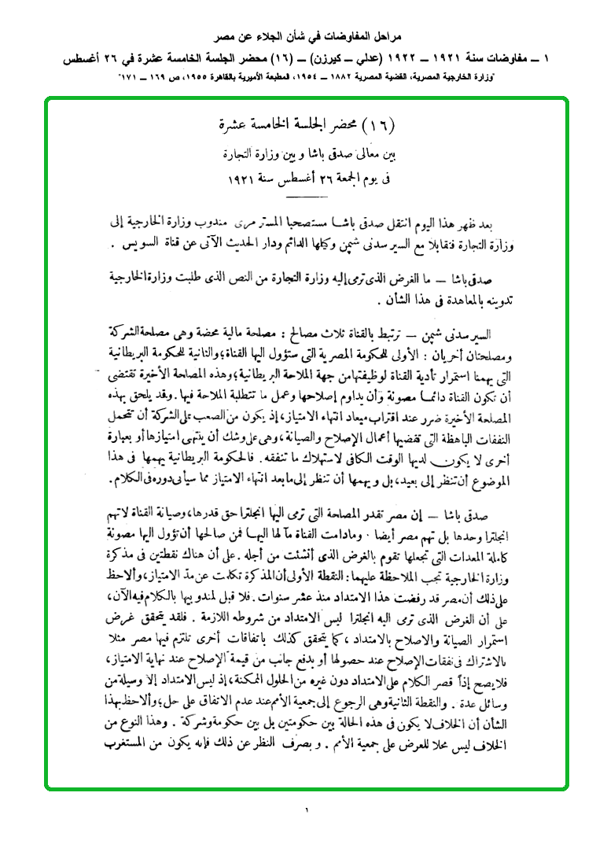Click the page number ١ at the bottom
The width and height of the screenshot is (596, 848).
306,809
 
